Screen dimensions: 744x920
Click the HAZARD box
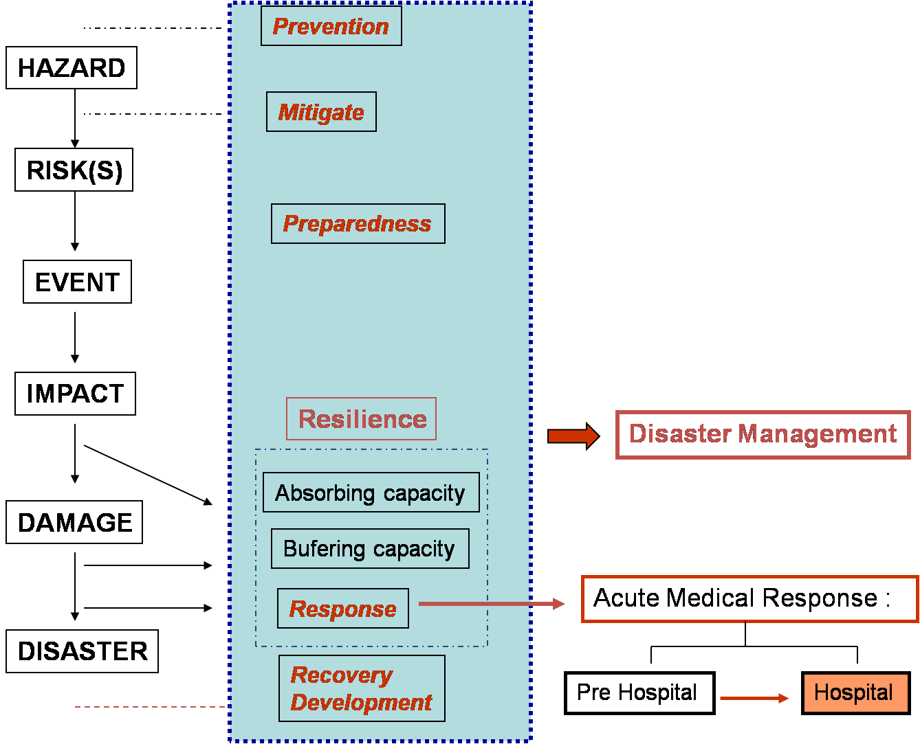tap(72, 68)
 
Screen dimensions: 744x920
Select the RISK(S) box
tap(74, 170)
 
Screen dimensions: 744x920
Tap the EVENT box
tap(77, 282)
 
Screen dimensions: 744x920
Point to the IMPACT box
tap(75, 394)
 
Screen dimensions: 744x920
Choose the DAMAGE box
tap(74, 522)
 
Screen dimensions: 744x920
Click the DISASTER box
tap(82, 651)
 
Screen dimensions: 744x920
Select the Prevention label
tap(331, 26)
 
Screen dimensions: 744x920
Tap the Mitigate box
tap(321, 112)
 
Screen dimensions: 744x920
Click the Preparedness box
tap(358, 223)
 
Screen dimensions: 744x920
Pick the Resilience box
tap(362, 419)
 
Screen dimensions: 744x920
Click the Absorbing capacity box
tap(371, 493)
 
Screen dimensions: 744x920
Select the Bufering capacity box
tap(370, 549)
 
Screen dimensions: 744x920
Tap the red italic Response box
tap(342, 609)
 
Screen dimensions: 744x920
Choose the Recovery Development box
tap(362, 688)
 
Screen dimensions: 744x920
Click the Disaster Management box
tap(763, 434)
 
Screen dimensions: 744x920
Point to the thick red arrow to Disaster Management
tap(573, 436)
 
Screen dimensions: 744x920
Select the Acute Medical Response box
tap(749, 599)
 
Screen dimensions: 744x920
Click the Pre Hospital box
tap(639, 692)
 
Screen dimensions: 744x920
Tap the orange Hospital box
tap(855, 692)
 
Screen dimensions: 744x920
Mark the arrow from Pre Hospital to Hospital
tap(754, 698)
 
